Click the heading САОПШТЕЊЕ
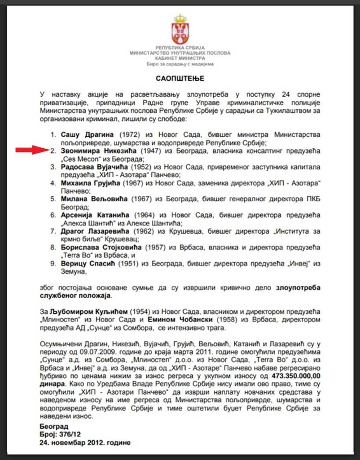[x=180, y=78]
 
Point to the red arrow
[x=32, y=150]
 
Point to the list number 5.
[x=53, y=199]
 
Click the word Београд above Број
[x=53, y=426]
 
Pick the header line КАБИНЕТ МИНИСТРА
[x=180, y=58]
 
